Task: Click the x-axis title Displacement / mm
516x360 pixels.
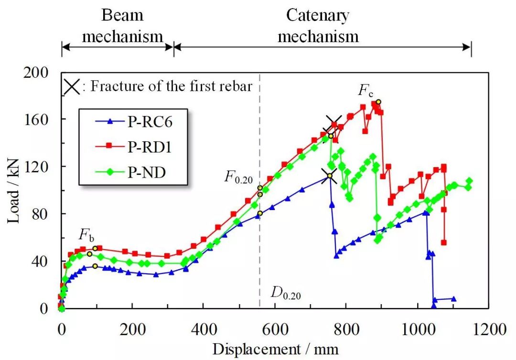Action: coord(276,349)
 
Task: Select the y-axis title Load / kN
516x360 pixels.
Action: coord(13,191)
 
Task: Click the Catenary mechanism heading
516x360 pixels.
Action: coord(318,26)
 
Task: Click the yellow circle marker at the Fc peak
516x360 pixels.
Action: coord(378,102)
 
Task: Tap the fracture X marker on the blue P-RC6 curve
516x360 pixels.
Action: coord(329,176)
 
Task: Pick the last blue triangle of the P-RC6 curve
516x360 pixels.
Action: coord(453,299)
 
